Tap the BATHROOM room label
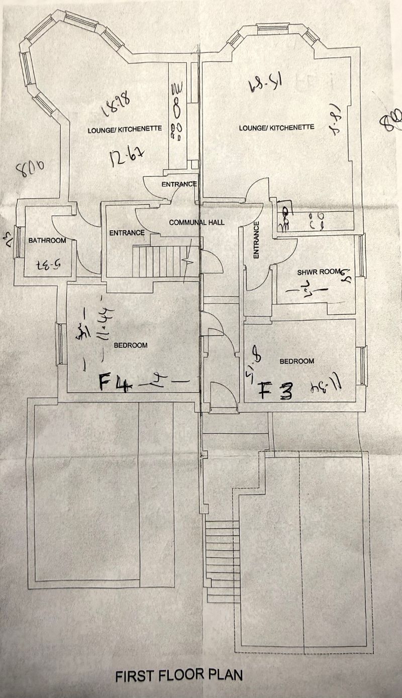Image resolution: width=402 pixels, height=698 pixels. [47, 241]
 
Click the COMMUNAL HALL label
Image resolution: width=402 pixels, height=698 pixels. [196, 222]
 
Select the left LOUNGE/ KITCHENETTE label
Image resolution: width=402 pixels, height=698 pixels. [125, 129]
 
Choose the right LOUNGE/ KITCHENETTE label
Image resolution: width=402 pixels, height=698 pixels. [276, 128]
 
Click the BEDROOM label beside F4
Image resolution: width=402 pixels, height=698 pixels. [130, 345]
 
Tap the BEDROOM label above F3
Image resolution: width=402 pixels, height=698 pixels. [296, 361]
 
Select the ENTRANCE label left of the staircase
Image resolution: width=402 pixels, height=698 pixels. [127, 233]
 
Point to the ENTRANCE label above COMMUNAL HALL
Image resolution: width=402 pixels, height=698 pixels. [178, 184]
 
